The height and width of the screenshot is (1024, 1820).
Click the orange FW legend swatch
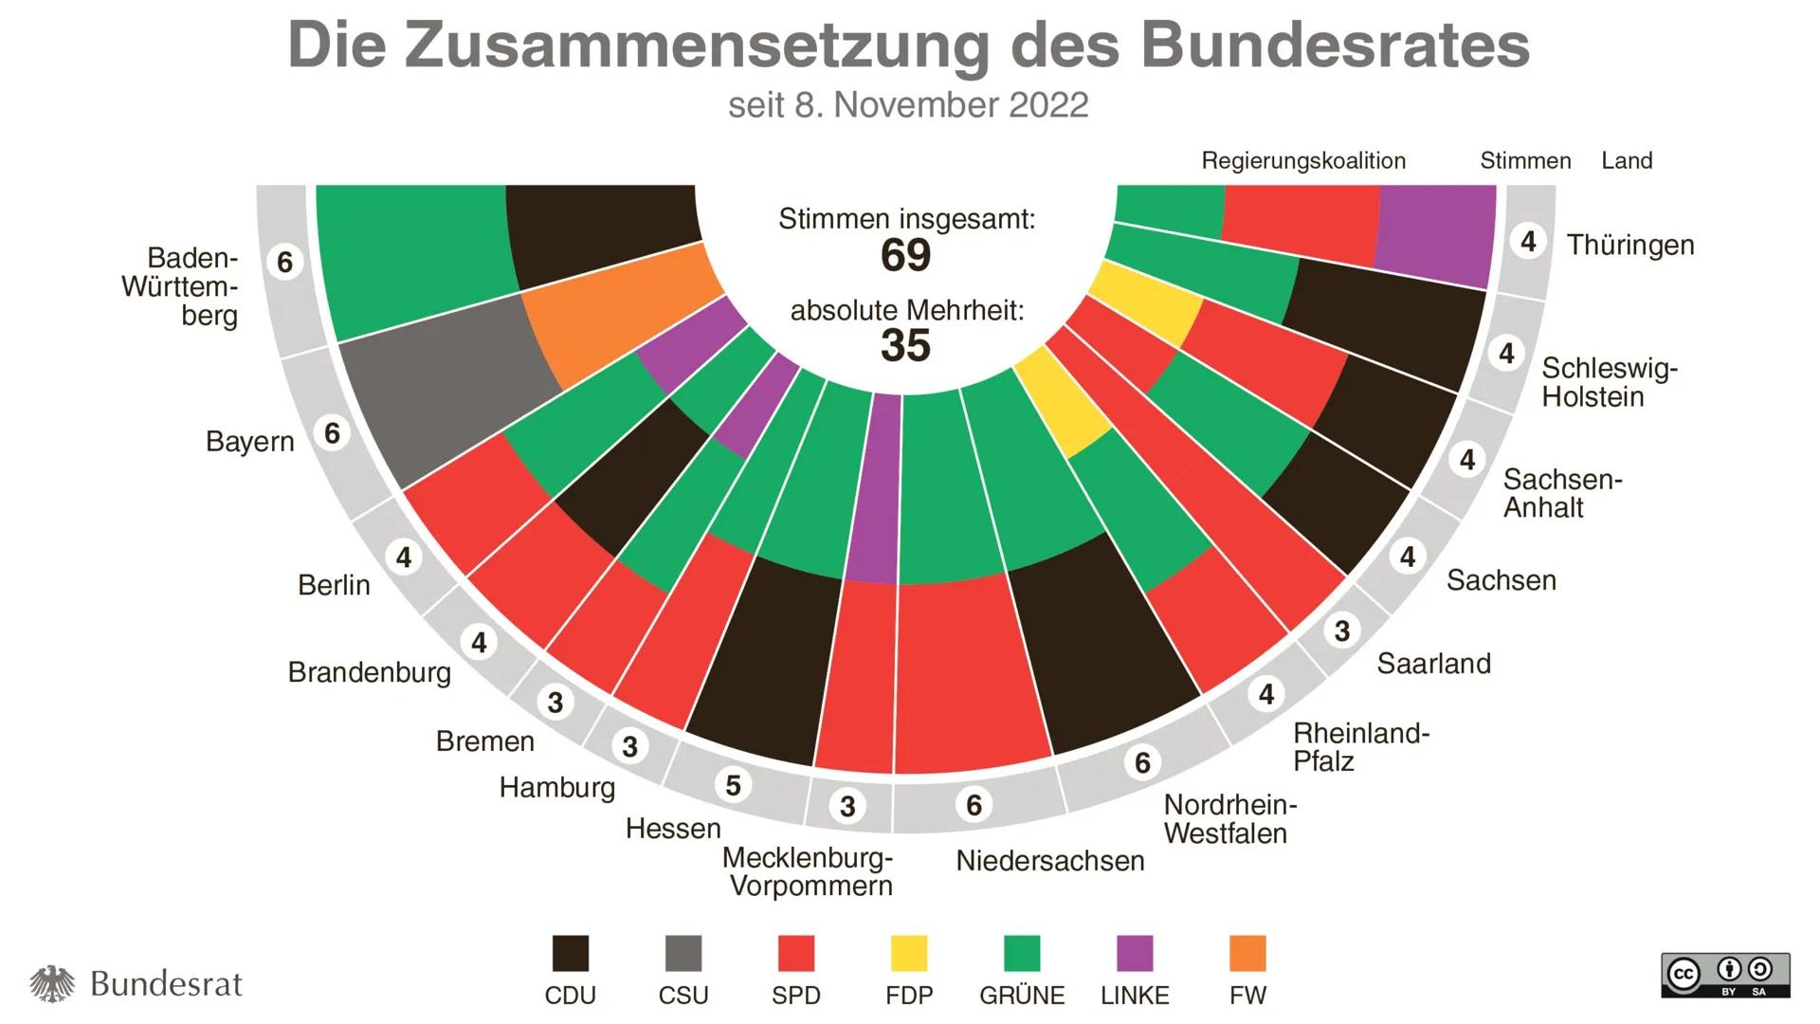(1247, 954)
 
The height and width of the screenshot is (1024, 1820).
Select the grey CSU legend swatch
(682, 954)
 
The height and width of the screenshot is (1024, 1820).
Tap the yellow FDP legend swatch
(908, 954)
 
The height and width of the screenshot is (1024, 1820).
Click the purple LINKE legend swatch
(1134, 954)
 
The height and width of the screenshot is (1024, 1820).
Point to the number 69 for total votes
(905, 255)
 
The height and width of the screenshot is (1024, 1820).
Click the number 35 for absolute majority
(905, 345)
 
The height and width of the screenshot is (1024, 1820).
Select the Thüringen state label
(1629, 245)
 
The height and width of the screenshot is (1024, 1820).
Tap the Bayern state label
(249, 442)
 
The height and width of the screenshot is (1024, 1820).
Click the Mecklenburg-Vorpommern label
(808, 871)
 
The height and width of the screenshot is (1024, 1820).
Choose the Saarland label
(1433, 664)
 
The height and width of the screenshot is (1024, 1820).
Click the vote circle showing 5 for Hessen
(733, 785)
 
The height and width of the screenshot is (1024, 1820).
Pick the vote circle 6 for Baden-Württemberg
(285, 262)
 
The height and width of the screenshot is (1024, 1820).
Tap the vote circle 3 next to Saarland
(1341, 631)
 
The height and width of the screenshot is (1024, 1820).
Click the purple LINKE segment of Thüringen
(1436, 232)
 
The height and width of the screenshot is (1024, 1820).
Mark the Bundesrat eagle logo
(52, 984)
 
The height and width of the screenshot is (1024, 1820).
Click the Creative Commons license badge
(1724, 976)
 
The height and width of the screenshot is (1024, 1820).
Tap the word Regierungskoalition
(1302, 161)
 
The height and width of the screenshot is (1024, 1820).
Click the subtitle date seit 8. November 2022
(907, 105)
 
